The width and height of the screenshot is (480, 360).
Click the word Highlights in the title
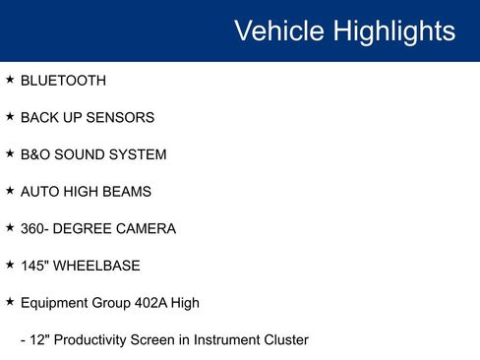coord(393,30)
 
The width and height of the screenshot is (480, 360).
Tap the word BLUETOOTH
coord(63,81)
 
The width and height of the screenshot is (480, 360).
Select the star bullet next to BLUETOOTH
coord(10,80)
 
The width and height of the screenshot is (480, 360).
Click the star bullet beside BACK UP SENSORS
coord(10,117)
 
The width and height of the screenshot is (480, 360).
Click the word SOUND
coord(82,155)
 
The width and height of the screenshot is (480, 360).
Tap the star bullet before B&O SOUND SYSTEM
coord(10,154)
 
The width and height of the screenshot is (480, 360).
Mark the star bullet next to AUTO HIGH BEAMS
coord(10,191)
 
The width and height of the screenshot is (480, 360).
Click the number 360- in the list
coord(36,229)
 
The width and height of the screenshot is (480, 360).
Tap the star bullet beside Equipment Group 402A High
coord(10,302)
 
